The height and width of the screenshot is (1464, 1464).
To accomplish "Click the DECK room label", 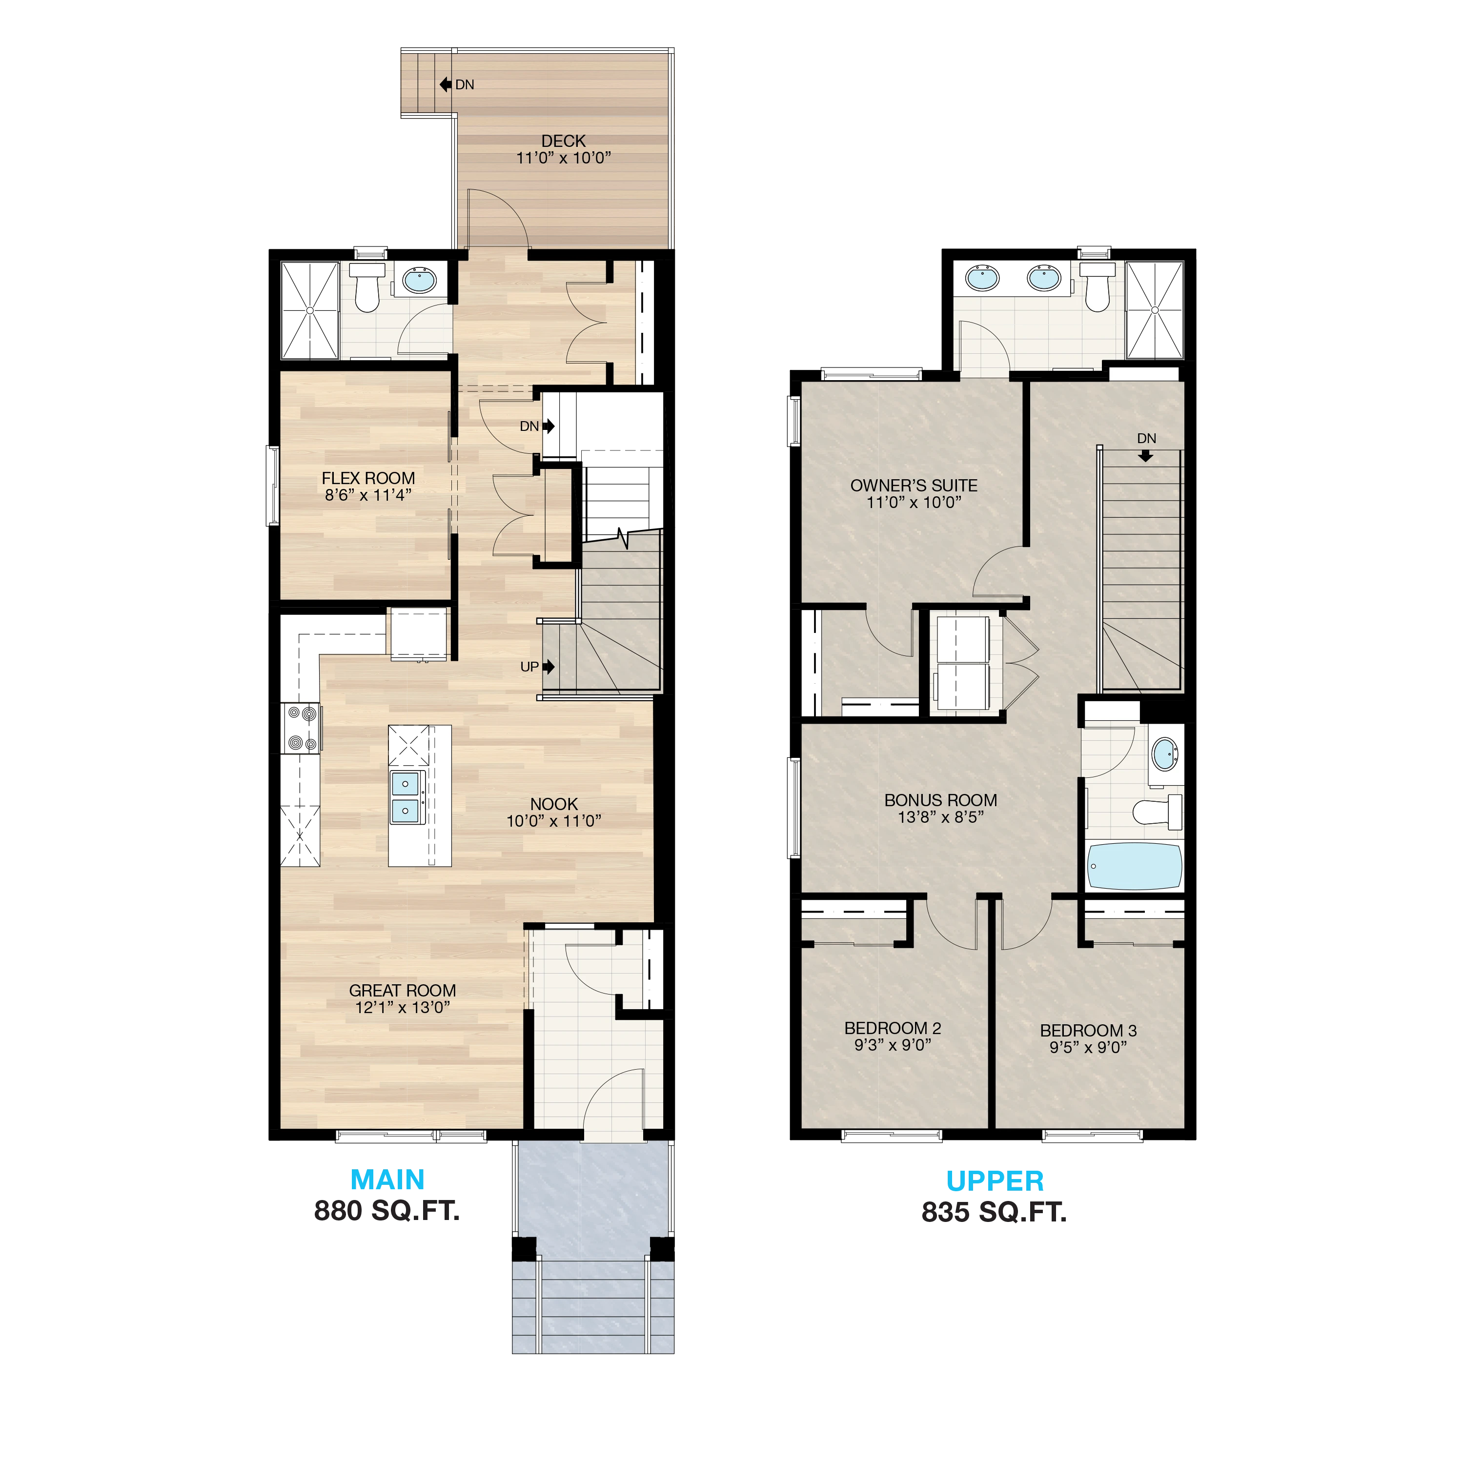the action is click(x=563, y=141).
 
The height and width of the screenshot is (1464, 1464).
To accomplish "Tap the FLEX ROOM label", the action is click(x=368, y=478).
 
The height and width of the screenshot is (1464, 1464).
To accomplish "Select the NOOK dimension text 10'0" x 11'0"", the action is click(x=554, y=821).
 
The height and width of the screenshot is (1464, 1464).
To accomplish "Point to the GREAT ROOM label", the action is click(x=403, y=991).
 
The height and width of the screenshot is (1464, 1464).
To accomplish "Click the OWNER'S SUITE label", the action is click(x=914, y=486).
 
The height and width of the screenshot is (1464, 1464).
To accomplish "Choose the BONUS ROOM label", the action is click(x=940, y=800).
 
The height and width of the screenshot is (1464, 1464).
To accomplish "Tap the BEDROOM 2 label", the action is click(x=893, y=1028).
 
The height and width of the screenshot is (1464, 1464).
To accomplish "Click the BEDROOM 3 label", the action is click(x=1088, y=1031).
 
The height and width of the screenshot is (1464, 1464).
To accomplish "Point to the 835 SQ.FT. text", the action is click(x=994, y=1212).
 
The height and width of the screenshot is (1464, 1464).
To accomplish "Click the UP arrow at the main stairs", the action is click(x=549, y=667).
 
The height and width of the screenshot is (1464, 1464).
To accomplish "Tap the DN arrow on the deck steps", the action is click(x=446, y=84).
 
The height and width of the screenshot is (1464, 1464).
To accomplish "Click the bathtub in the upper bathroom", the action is click(x=1135, y=866).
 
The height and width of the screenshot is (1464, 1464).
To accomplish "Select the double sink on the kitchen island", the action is click(x=407, y=797).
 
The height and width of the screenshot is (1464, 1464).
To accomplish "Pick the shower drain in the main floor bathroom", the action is click(x=309, y=310).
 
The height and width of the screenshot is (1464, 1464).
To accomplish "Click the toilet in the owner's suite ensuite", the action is click(x=1097, y=287).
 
